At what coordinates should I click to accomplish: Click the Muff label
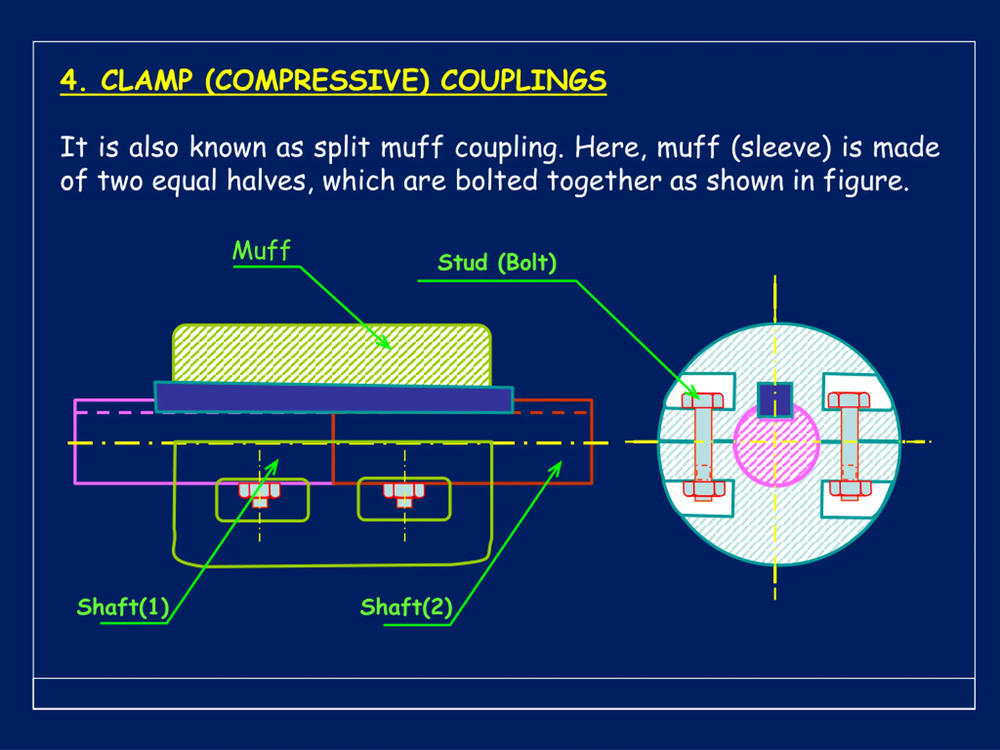261,251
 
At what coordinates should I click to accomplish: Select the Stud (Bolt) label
497,262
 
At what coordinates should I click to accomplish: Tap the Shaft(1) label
123,607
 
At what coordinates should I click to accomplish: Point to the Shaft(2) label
406,607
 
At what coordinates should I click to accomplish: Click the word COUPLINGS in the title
523,81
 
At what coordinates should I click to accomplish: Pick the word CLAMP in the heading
146,81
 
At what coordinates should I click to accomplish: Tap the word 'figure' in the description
864,181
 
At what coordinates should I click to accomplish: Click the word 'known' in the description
228,147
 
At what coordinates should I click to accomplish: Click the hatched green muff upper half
331,355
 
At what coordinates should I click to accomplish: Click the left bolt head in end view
702,400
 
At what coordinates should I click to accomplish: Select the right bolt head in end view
848,400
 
